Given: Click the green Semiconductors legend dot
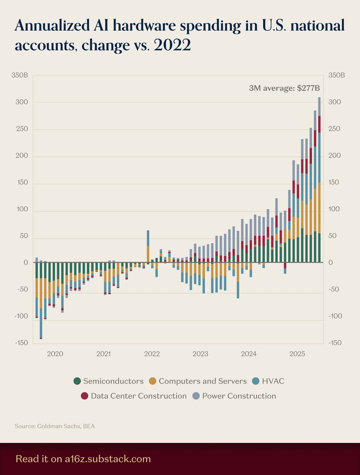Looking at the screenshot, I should tap(78, 381).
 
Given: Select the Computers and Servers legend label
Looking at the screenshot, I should tap(203, 381).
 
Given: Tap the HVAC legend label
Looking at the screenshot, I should tap(273, 381).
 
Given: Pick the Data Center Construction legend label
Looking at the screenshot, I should tap(138, 396).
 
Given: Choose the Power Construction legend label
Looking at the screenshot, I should tap(239, 396).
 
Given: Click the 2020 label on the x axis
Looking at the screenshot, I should tap(55, 353).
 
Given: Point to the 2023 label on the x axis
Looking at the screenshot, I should tap(201, 353).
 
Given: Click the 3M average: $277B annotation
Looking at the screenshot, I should tap(284, 89).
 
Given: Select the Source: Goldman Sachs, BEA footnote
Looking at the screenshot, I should tap(55, 426).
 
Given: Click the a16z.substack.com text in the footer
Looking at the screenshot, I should tap(107, 459).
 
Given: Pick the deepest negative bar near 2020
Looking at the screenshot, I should tap(41, 301).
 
